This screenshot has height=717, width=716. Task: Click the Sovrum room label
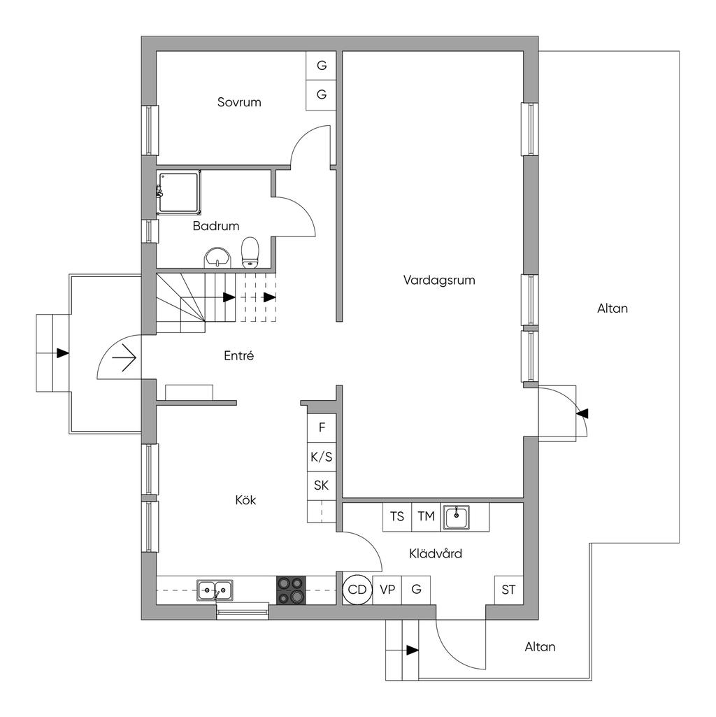click(x=239, y=102)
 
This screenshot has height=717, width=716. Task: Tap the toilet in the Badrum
click(x=250, y=252)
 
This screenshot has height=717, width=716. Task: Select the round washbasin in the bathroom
click(x=218, y=257)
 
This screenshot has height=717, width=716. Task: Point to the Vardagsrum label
click(x=439, y=280)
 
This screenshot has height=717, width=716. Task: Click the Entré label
click(x=238, y=355)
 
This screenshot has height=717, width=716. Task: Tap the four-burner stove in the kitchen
click(x=291, y=590)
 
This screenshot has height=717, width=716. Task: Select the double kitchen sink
click(x=215, y=590)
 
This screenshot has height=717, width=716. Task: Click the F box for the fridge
click(x=322, y=427)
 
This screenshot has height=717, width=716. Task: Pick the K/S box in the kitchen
click(x=322, y=456)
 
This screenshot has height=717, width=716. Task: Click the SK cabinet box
click(x=322, y=485)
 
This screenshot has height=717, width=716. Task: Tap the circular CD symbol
click(x=357, y=590)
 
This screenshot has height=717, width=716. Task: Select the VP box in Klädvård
click(x=387, y=590)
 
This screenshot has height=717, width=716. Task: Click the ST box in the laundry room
click(x=509, y=590)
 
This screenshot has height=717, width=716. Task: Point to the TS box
click(x=397, y=517)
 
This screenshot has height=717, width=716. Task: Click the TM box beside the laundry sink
click(x=426, y=517)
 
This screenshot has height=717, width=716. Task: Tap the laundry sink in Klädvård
click(x=456, y=517)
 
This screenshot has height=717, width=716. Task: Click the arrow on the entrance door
click(x=124, y=357)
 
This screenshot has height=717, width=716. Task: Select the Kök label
click(x=245, y=499)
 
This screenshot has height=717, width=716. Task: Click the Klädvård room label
click(x=436, y=554)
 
